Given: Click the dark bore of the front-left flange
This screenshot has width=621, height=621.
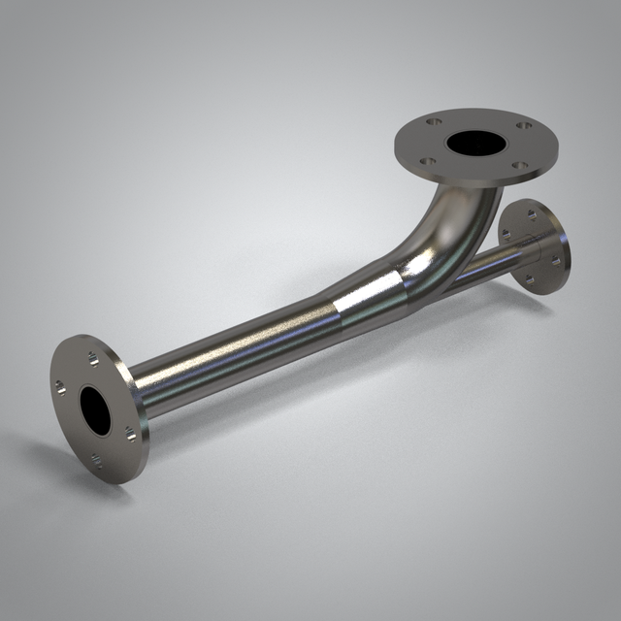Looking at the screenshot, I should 96,409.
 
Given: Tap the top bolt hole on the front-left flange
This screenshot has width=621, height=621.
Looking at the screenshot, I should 93,360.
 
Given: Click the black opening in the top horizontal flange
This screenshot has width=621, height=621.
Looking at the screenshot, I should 475,144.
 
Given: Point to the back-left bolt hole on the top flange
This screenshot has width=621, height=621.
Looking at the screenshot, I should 434,122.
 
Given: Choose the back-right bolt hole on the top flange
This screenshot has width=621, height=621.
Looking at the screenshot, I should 524,125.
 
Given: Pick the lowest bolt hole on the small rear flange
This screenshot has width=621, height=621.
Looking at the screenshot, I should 531,280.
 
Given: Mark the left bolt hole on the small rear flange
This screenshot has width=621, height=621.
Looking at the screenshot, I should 507,236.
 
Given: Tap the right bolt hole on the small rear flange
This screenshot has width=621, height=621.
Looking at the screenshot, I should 556,259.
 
